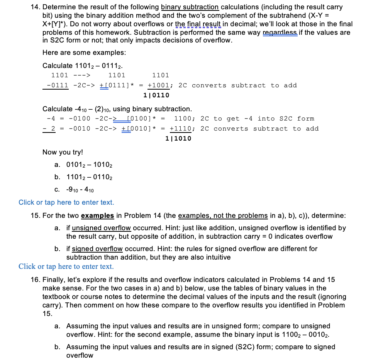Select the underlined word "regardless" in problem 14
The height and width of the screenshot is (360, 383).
tap(280, 32)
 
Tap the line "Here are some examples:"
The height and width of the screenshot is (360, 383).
tap(84, 53)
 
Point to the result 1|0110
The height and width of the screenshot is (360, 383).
tap(156, 95)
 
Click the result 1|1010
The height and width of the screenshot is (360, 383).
tap(178, 138)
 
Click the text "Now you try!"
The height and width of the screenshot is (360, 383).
tap(63, 152)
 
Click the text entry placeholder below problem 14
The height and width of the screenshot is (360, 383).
tap(66, 202)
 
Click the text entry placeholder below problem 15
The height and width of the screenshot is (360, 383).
tap(66, 267)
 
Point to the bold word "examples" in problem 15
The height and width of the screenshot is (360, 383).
tap(97, 216)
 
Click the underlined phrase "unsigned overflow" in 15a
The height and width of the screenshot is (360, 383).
tap(101, 228)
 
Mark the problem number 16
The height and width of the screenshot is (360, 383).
tap(35, 280)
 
